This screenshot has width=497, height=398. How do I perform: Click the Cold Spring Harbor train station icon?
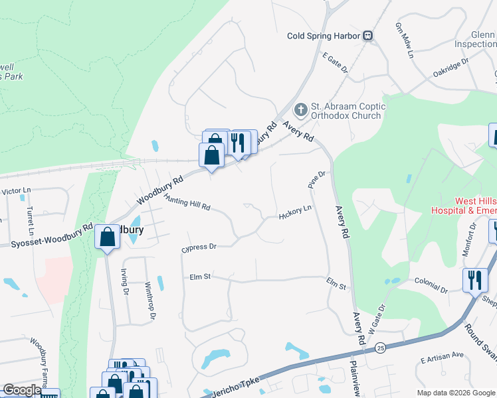[x=367, y=36]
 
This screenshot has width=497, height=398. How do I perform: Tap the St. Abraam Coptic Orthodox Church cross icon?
[x=300, y=109]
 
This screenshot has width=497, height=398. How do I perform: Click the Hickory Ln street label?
[x=296, y=212]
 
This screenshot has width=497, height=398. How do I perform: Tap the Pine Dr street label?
[x=316, y=178]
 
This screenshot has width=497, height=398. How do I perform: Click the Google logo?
[x=21, y=390]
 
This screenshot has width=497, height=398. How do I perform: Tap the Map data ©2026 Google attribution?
[x=455, y=393]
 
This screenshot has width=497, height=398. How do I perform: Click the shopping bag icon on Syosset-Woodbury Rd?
[x=108, y=237]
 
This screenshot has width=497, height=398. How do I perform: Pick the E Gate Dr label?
[x=336, y=65]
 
